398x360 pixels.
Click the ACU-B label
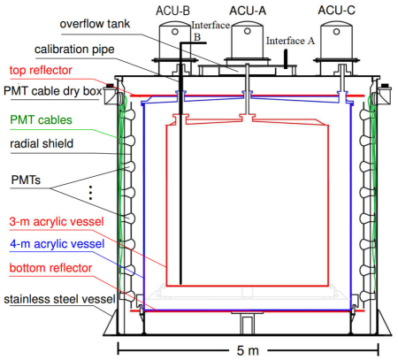point(172,11)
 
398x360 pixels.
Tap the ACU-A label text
point(248,11)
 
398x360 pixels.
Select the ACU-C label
point(336,11)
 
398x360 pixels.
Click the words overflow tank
point(95,24)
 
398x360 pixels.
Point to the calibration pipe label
point(74,50)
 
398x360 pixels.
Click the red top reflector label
point(41,70)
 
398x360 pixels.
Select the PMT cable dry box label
point(53,91)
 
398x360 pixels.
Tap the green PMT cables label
point(41,120)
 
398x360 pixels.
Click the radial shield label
point(42,143)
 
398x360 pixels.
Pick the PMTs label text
point(26,180)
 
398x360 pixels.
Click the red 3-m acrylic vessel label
point(57,222)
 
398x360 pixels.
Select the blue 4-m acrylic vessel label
point(57,244)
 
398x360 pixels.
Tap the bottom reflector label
point(50,268)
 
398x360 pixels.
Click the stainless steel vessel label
point(59,299)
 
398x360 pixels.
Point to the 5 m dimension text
point(248,351)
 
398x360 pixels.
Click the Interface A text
point(290,41)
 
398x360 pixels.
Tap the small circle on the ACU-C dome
point(336,32)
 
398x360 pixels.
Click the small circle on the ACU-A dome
point(248,31)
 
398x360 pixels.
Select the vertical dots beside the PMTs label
point(90,193)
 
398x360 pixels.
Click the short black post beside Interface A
point(286,59)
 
